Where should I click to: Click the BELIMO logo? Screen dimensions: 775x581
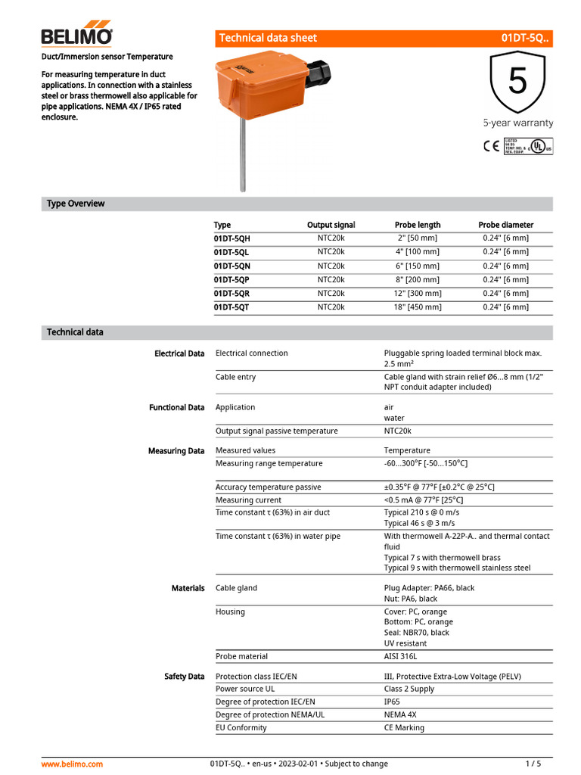click(76, 34)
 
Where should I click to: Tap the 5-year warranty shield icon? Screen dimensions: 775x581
click(517, 82)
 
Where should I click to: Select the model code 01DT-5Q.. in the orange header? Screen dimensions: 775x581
click(524, 38)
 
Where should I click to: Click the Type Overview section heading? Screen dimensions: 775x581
click(76, 204)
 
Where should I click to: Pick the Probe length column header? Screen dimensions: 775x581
click(417, 225)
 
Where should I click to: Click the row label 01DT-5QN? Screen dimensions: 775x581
click(232, 266)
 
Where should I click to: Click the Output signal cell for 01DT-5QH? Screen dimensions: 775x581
click(331, 238)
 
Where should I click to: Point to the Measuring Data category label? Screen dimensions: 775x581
click(176, 451)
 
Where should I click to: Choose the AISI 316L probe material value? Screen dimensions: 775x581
click(401, 656)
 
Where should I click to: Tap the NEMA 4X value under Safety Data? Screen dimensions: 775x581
click(400, 714)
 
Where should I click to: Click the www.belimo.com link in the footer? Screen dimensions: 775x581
click(72, 764)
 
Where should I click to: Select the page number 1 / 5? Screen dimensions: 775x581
click(533, 764)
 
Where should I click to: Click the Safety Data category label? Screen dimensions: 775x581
click(184, 676)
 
